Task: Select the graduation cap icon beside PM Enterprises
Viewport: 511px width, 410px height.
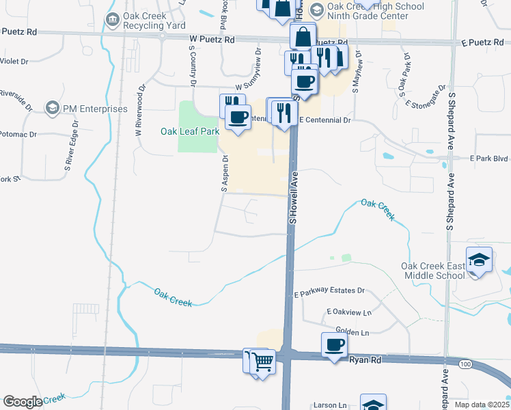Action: point(52,108)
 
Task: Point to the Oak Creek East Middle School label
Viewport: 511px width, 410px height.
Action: point(433,271)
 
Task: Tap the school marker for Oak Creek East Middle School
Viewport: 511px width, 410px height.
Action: point(480,260)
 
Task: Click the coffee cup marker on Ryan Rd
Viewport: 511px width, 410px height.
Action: point(334,345)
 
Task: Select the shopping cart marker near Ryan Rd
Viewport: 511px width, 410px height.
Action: point(262,360)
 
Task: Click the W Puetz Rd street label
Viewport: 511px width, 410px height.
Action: point(212,40)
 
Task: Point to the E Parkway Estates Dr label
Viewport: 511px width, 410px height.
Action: point(330,292)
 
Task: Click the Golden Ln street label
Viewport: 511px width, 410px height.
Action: point(353,331)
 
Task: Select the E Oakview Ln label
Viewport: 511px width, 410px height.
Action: point(348,312)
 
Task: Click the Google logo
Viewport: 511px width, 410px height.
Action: point(23,402)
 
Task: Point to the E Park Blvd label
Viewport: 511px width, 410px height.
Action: point(489,158)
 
